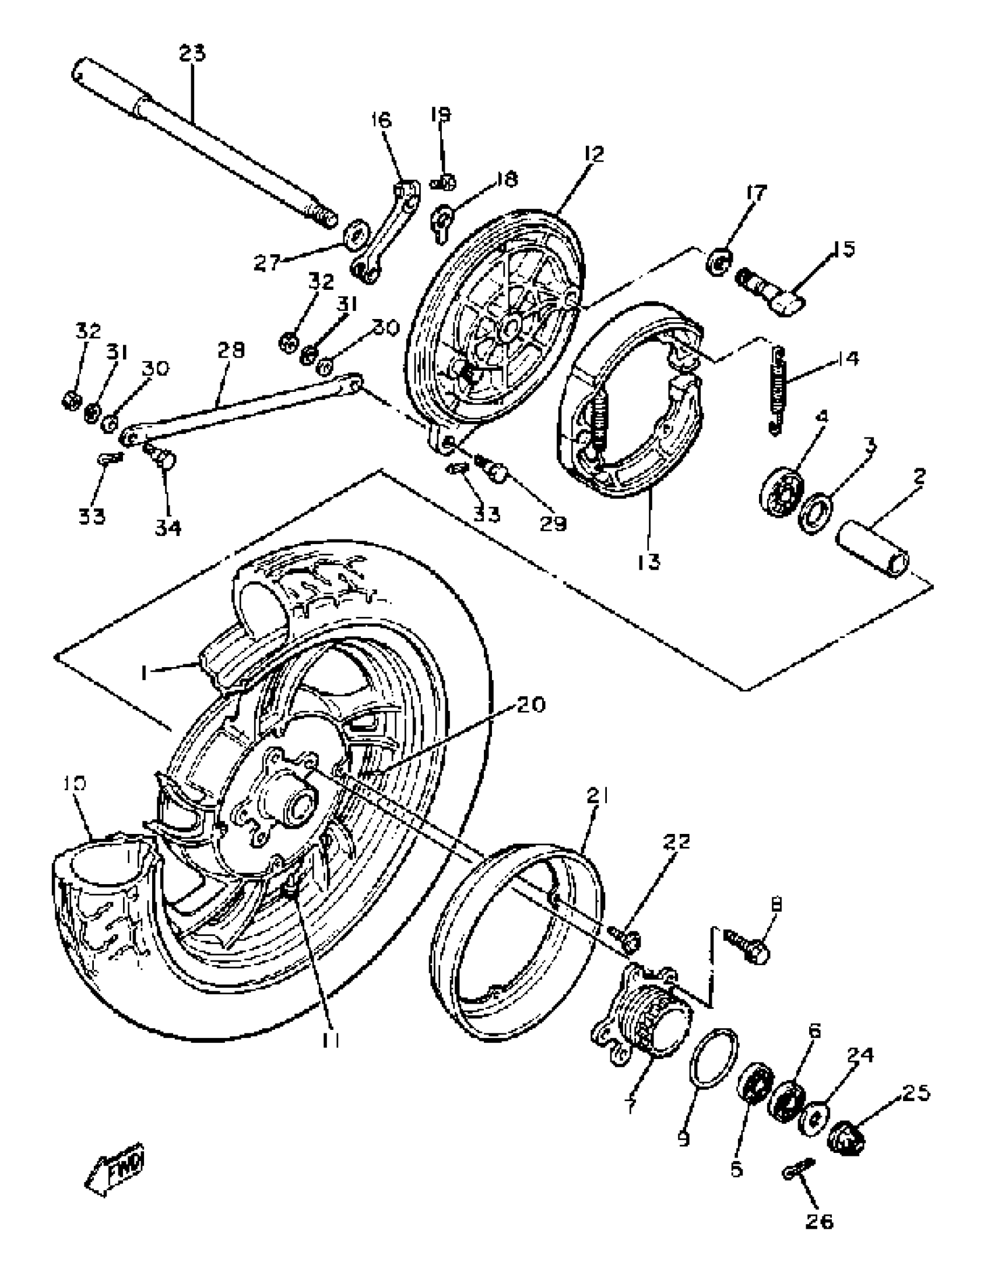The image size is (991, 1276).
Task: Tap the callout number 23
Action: pyautogui.click(x=192, y=54)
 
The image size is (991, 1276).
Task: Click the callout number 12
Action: pyautogui.click(x=593, y=154)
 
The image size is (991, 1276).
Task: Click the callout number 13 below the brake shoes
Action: pyautogui.click(x=649, y=562)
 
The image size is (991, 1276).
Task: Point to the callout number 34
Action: pyautogui.click(x=168, y=528)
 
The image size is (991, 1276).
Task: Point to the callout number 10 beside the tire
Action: pyautogui.click(x=75, y=783)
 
